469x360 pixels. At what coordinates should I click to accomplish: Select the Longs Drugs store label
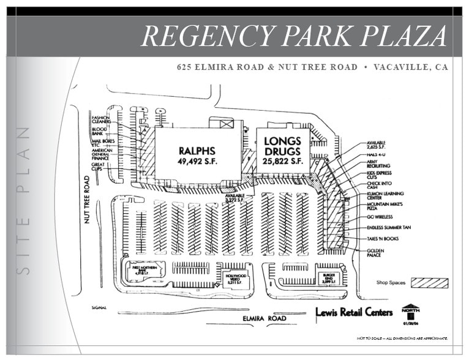283,151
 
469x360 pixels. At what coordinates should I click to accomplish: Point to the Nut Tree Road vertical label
88,200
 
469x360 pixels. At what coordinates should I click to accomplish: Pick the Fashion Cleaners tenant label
101,119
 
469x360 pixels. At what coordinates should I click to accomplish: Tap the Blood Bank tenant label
99,132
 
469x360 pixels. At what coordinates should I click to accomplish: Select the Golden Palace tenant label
375,252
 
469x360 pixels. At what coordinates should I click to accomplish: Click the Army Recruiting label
378,163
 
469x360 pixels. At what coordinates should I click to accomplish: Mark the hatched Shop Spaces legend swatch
429,283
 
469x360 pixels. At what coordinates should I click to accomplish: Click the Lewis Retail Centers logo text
354,312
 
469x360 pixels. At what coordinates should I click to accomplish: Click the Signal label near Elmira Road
99,307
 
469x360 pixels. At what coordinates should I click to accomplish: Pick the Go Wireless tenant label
380,217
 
